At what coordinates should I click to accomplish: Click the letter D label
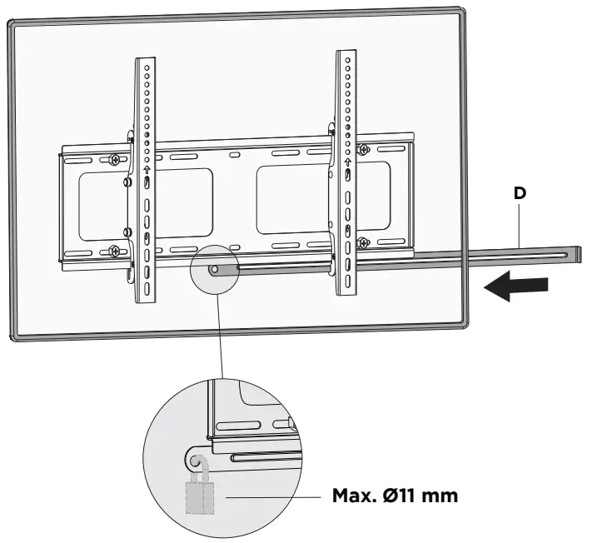520,193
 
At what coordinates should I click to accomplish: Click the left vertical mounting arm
145,183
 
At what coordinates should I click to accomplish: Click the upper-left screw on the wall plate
113,160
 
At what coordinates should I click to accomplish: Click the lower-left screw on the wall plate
113,249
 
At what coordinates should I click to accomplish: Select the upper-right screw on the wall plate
363,150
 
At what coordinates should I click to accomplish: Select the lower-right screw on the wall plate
364,242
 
